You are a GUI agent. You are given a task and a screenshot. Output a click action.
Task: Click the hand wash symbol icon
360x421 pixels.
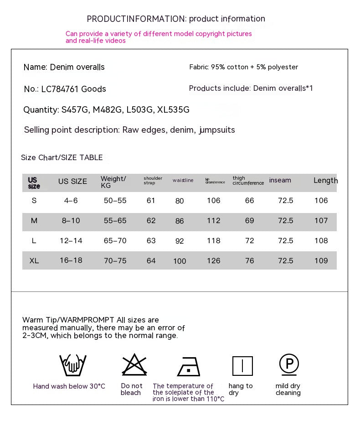click(73, 365)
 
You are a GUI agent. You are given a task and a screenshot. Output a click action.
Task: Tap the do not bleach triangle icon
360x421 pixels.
click(134, 365)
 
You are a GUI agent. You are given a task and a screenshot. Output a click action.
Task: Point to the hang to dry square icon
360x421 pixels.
click(242, 366)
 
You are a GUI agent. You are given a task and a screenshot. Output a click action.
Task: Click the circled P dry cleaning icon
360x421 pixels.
click(289, 364)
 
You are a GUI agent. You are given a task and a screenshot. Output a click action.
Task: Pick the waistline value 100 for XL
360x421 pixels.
click(180, 261)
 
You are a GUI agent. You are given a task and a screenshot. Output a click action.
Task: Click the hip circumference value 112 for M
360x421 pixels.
click(213, 221)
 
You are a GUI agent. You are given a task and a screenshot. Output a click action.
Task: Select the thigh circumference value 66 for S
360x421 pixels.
click(249, 201)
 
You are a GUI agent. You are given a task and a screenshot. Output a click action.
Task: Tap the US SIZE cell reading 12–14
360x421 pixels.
click(71, 241)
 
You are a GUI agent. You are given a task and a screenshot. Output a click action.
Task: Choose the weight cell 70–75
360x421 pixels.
click(115, 261)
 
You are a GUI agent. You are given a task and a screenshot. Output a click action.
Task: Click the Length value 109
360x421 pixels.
click(321, 261)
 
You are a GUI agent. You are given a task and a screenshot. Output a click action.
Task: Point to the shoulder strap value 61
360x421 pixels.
click(151, 201)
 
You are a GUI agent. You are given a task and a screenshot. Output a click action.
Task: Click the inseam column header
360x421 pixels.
click(280, 180)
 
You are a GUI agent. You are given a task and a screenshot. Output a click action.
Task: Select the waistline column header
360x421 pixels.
click(183, 181)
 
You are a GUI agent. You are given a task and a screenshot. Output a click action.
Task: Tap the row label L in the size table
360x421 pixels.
click(34, 241)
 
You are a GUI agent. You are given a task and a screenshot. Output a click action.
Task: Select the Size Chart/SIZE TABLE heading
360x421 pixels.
click(62, 158)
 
